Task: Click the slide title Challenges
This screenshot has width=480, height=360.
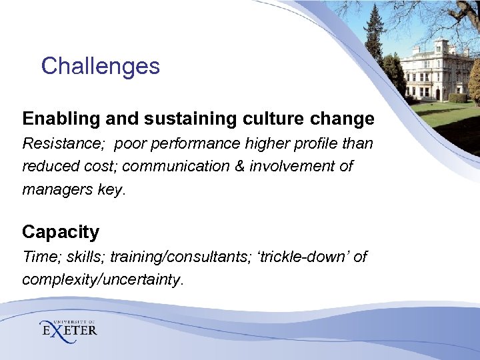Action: [100, 66]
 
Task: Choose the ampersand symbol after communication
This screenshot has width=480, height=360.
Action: [239, 166]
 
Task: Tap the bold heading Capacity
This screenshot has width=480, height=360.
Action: [61, 232]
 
